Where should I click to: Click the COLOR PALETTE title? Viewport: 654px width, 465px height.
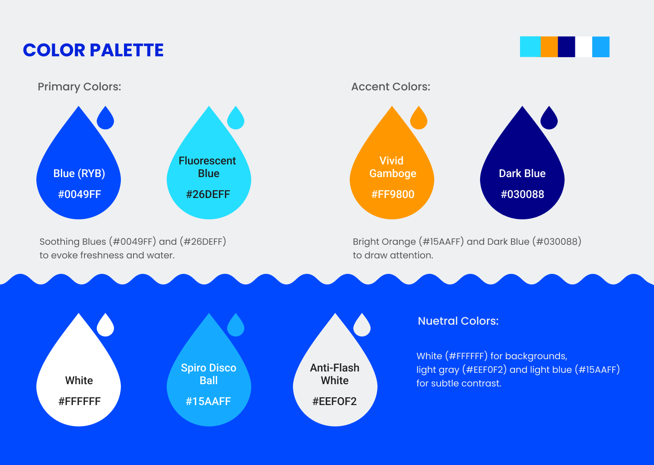tap(93, 50)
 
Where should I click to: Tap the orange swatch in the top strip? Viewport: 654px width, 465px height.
tap(549, 47)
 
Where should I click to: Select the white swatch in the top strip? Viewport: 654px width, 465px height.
tap(584, 47)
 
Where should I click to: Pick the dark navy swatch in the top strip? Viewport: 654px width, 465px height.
tap(566, 47)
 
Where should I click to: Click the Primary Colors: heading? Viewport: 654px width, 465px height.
tap(79, 87)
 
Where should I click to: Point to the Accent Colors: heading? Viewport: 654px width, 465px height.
tap(391, 87)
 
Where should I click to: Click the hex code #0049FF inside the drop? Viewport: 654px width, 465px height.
tap(79, 194)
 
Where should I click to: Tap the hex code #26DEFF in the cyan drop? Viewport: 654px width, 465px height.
tap(208, 194)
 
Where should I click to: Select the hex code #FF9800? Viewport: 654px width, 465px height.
tap(393, 194)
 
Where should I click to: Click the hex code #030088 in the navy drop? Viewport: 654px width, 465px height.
tap(522, 194)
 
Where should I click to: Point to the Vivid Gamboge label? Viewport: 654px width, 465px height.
tap(392, 167)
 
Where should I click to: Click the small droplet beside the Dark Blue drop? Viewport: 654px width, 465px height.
tap(549, 118)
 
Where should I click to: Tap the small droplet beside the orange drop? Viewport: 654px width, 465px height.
tap(419, 118)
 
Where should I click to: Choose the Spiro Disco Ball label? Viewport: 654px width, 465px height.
tap(208, 374)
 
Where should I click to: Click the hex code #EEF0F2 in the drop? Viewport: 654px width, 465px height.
tap(335, 401)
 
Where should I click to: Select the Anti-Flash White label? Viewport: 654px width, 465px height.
tap(335, 374)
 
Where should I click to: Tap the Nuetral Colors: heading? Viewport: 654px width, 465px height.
tap(458, 321)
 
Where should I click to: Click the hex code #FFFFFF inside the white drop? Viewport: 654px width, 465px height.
tap(79, 401)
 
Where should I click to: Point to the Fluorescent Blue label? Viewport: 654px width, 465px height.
tap(207, 167)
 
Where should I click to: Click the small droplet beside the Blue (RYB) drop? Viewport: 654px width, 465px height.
tap(105, 118)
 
